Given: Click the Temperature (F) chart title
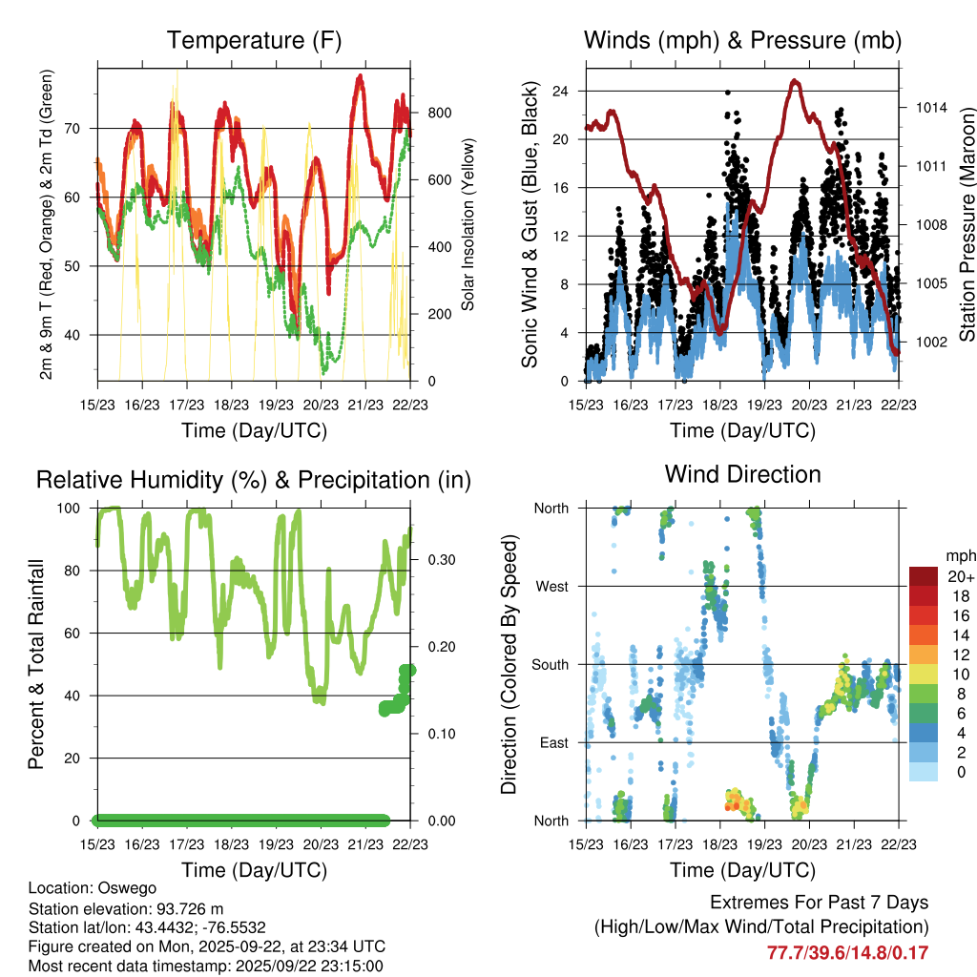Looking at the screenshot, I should point(254,40).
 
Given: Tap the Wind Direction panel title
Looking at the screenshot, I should point(742,473).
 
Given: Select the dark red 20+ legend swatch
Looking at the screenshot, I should point(924,576).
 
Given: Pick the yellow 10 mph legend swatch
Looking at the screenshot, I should point(924,675).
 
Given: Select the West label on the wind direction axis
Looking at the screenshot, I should point(551,586).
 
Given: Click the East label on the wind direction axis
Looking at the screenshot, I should point(551,742).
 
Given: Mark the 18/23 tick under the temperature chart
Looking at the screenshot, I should point(232,404).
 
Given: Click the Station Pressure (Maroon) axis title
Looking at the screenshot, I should point(966,224).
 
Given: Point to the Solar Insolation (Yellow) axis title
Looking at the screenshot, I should point(468,224).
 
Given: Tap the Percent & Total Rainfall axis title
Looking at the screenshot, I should point(36,664).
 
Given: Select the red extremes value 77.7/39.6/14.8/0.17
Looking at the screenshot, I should point(847,952).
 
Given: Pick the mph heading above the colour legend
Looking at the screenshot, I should point(958,555).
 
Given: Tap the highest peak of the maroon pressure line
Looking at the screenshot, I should point(794,82).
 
